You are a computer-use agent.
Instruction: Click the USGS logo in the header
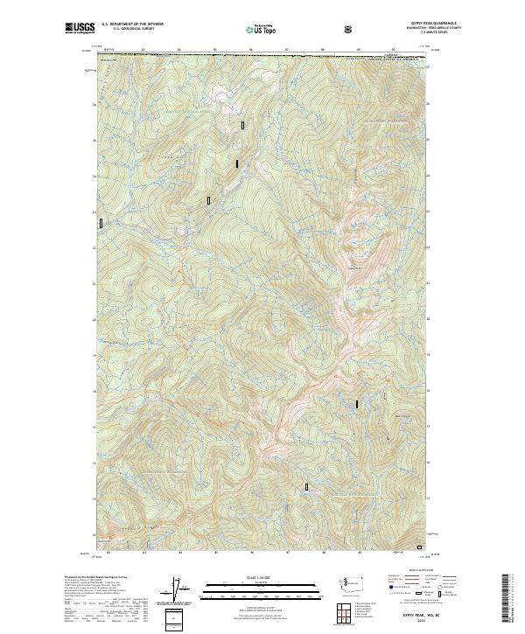[x=80, y=28]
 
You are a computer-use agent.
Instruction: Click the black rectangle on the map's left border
[x=101, y=223]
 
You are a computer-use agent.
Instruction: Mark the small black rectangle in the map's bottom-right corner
[x=419, y=547]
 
